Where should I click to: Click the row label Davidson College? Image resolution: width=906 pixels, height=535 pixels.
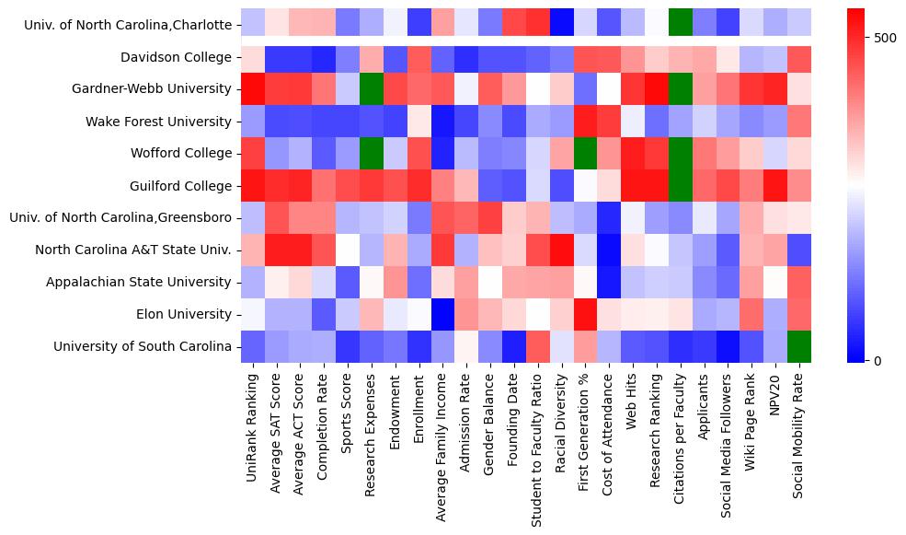coord(176,57)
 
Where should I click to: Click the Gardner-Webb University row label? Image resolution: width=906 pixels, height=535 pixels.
coord(152,89)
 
